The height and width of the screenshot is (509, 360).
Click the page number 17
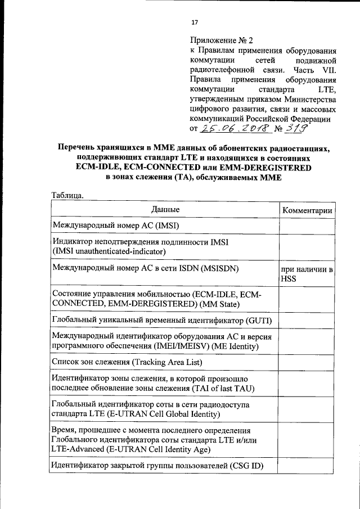click(x=195, y=22)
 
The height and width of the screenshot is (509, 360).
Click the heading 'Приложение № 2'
click(x=222, y=40)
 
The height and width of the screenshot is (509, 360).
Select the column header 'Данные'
click(x=165, y=210)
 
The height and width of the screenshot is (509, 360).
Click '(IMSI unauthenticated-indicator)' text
click(x=109, y=251)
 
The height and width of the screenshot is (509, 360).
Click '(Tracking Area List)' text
click(x=159, y=363)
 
